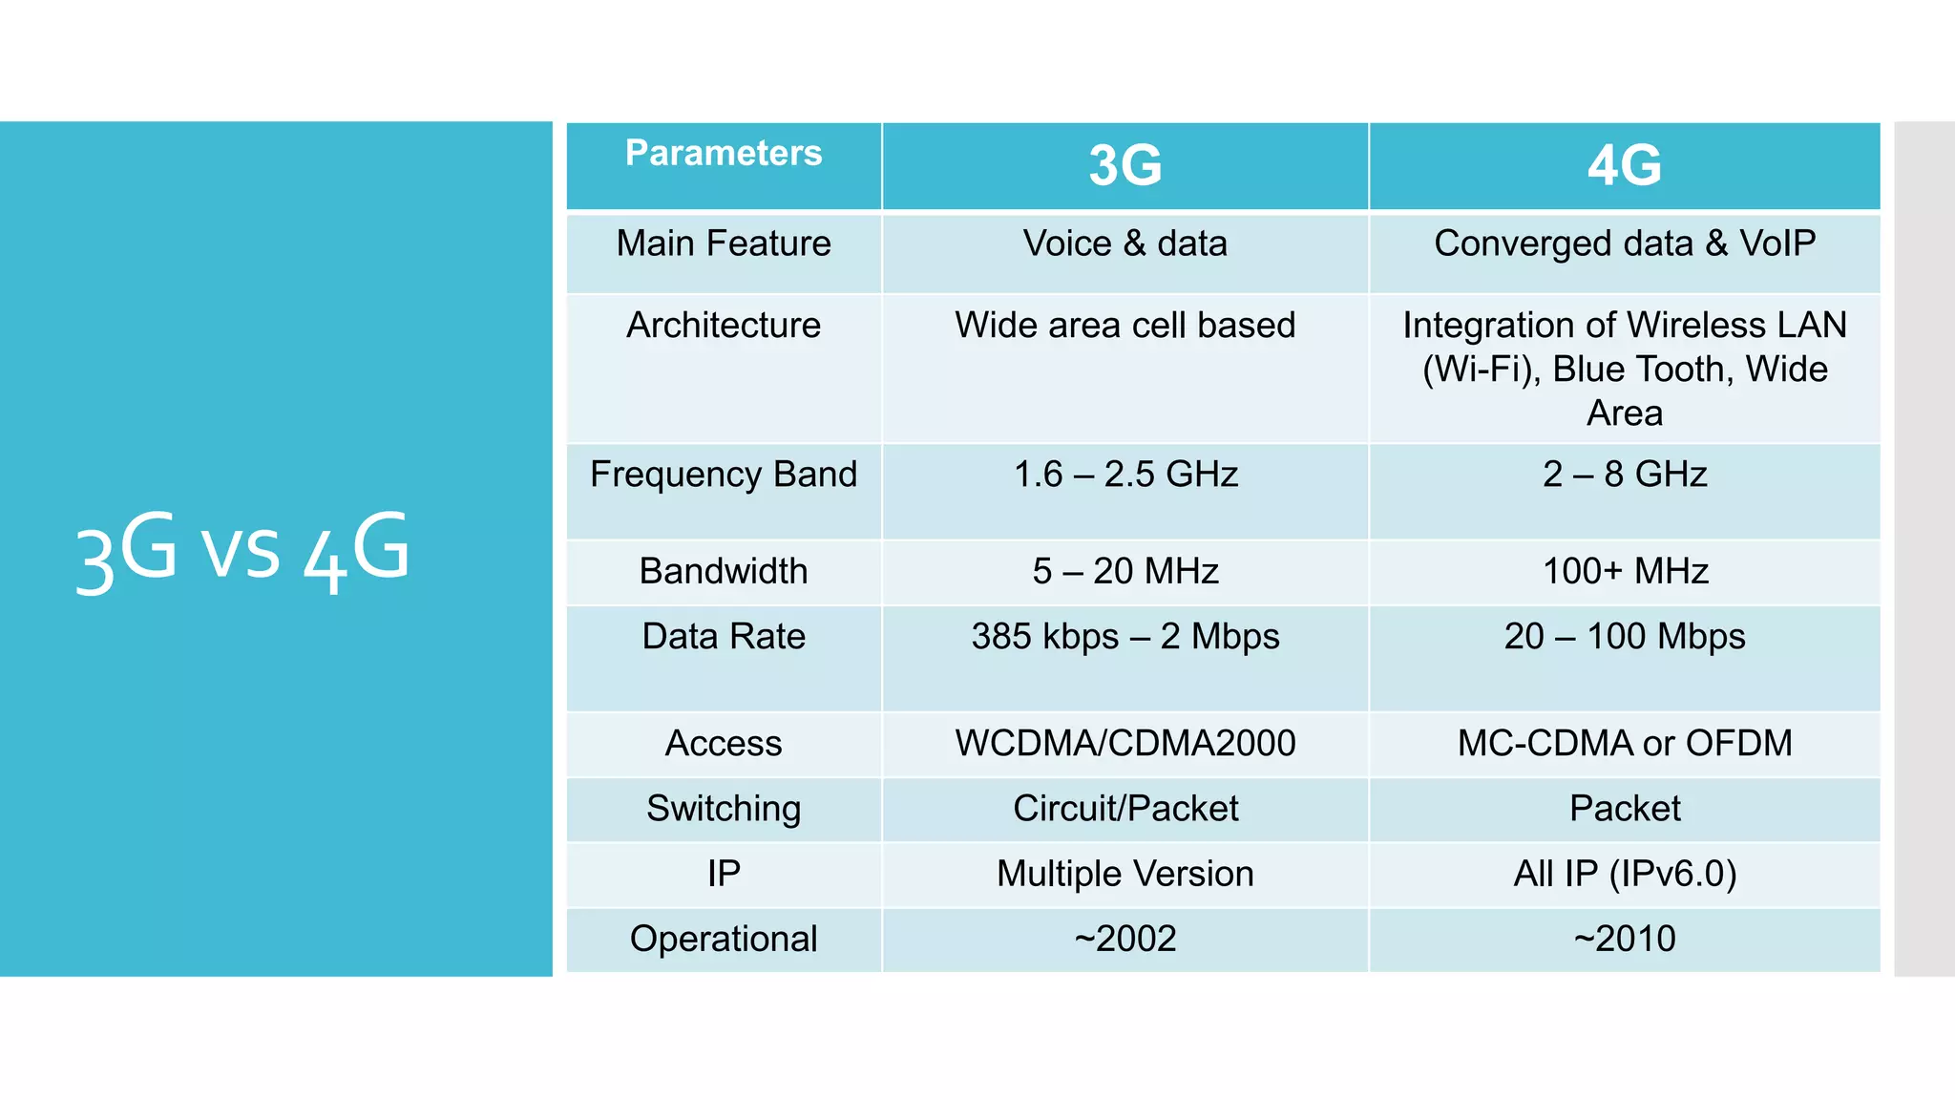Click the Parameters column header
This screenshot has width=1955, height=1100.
723,154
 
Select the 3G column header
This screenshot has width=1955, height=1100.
1125,165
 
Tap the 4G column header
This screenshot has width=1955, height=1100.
1624,165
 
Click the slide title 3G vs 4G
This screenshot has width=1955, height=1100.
242,550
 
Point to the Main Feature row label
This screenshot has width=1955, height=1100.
723,243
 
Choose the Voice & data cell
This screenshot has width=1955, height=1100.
1125,243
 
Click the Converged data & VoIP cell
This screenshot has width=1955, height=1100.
1624,243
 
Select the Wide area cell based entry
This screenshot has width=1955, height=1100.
1125,326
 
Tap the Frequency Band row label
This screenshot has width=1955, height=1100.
723,475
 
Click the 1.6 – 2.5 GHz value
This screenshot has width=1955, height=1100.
1125,475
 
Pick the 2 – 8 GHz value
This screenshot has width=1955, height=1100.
1624,475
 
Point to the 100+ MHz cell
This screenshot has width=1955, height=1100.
1624,571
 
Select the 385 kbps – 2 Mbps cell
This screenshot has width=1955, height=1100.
1125,637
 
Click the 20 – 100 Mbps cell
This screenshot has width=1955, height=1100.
1624,637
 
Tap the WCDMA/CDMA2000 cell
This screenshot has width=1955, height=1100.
1125,743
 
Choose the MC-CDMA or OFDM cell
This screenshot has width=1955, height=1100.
1624,743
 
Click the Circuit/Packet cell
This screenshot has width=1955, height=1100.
1125,809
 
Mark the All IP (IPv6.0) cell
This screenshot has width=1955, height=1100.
1624,874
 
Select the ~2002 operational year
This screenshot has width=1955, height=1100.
1125,939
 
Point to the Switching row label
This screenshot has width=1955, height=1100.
723,809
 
